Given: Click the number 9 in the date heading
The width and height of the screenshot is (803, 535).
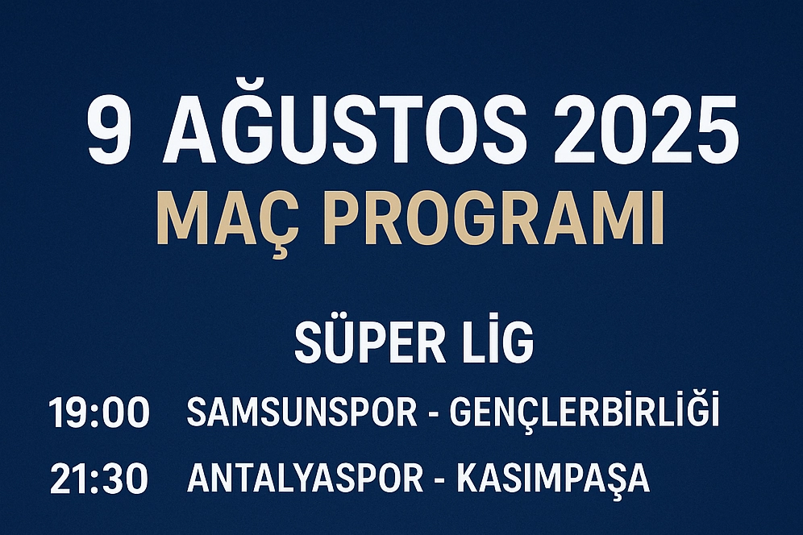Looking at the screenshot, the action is click(107, 130).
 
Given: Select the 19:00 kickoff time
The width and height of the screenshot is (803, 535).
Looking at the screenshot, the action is click(99, 413).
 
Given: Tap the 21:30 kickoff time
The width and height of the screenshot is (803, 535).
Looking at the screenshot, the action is click(99, 479).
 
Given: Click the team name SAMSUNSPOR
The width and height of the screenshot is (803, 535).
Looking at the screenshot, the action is click(302, 412).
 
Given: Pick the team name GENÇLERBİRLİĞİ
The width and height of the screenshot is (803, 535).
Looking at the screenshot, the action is click(585, 409).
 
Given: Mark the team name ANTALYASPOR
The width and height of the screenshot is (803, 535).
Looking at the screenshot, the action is click(306, 478).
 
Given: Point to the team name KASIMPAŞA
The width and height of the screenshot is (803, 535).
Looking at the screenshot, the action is click(553, 481).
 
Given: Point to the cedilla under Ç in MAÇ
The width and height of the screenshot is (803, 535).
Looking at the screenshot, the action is click(280, 254).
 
